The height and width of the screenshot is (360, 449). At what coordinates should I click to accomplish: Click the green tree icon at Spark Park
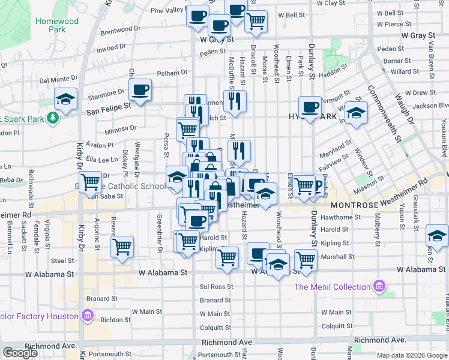(x=53, y=118)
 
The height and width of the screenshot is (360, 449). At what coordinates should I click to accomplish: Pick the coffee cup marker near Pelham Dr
(x=140, y=91)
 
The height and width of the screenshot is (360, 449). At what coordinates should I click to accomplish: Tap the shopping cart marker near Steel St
(x=122, y=247)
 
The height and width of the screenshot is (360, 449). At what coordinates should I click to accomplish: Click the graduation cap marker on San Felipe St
(x=65, y=98)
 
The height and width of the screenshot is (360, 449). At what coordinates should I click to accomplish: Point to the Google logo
(x=20, y=353)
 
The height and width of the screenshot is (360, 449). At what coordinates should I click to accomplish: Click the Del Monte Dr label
(x=59, y=79)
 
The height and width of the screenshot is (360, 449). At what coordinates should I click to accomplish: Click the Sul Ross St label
(x=215, y=287)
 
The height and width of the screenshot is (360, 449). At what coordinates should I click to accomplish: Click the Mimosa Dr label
(x=121, y=128)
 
